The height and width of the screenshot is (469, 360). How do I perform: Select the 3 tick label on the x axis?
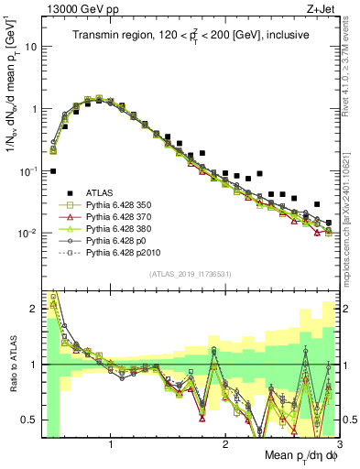click(x=338, y=444)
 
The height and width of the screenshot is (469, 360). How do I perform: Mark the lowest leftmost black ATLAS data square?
click(x=53, y=170)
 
